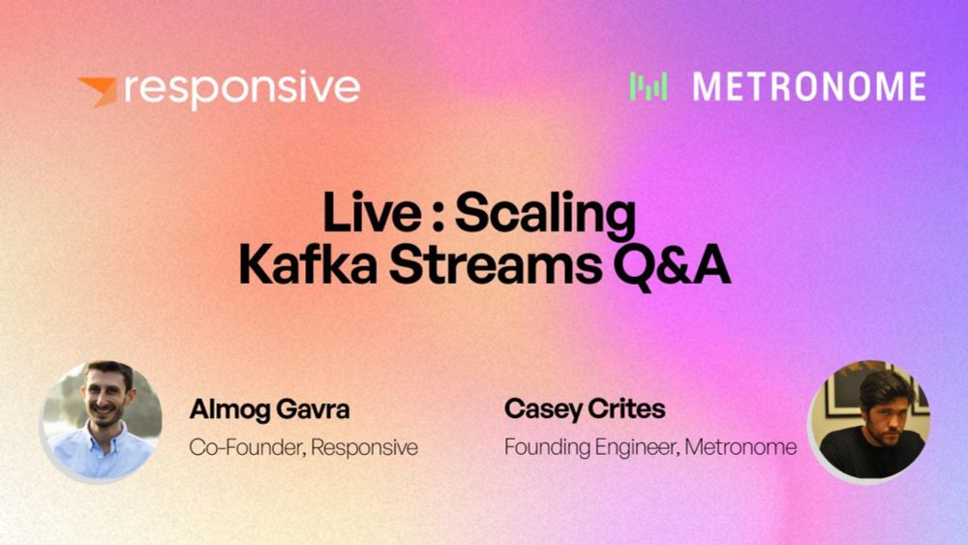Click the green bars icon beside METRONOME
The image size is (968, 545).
point(649,86)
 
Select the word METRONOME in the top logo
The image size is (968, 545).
point(809,86)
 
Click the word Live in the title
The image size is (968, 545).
point(372,213)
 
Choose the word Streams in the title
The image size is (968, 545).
point(495,265)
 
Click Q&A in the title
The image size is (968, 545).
point(673,266)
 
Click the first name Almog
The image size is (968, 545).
point(229,410)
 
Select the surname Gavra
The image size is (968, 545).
point(313,409)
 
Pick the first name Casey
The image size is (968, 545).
point(543,409)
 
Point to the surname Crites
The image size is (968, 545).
point(626,409)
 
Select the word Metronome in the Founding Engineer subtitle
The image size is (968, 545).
point(741,446)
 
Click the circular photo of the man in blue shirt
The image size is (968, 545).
point(102,421)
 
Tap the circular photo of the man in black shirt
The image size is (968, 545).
point(869,421)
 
